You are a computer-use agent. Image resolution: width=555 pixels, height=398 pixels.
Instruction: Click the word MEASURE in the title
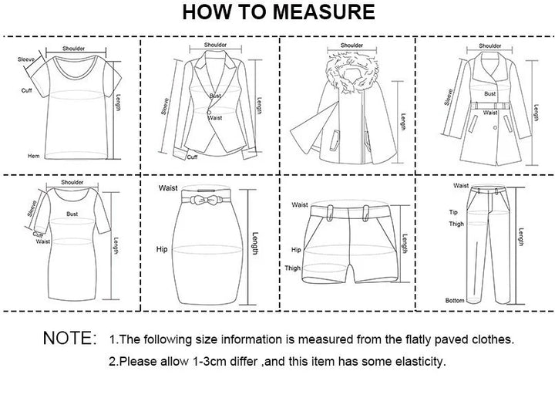click(x=324, y=12)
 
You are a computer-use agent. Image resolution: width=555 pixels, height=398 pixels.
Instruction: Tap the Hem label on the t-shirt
click(x=34, y=156)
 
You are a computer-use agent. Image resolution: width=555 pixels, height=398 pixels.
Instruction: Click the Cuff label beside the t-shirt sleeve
click(x=26, y=90)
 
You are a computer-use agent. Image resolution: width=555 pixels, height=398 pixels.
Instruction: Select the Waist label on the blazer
click(x=215, y=117)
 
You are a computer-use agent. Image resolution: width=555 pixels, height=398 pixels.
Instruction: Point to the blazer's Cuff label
click(x=192, y=157)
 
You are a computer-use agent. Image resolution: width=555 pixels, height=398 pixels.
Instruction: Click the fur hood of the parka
click(x=351, y=73)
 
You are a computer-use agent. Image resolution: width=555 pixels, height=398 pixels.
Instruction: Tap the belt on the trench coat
click(x=490, y=106)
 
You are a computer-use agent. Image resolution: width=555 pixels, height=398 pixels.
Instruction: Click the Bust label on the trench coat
click(x=490, y=93)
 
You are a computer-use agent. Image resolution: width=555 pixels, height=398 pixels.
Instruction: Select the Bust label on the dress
click(x=72, y=214)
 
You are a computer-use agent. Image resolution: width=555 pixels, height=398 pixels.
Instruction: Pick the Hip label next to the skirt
click(x=162, y=249)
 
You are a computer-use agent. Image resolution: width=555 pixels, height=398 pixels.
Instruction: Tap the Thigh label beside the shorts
click(x=292, y=268)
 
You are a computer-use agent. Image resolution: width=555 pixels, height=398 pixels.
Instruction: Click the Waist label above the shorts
click(x=300, y=204)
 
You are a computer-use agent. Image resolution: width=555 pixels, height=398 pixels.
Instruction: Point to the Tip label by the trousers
click(x=453, y=212)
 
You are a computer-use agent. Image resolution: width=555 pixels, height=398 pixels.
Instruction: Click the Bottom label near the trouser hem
click(x=455, y=300)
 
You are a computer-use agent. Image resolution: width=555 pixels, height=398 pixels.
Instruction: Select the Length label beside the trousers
click(x=521, y=237)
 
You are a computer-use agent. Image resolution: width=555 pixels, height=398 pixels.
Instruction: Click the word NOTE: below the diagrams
click(x=69, y=338)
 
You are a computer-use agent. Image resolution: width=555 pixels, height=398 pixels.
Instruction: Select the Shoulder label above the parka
click(x=351, y=46)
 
